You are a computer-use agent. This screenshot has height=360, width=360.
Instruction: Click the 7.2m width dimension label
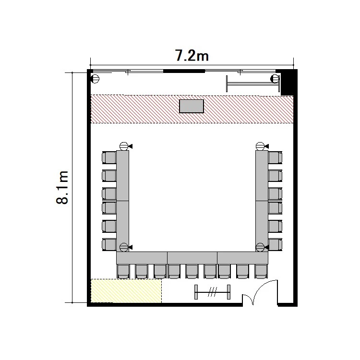[x=192, y=56]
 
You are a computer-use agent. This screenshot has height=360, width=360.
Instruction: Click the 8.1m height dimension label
[x=62, y=187]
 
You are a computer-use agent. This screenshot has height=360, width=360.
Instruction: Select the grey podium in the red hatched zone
[x=192, y=106]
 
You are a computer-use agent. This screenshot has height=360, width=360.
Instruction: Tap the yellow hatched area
[x=126, y=291]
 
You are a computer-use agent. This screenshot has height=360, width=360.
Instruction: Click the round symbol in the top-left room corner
[x=95, y=79]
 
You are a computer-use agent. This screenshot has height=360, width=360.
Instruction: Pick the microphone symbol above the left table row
[x=126, y=146]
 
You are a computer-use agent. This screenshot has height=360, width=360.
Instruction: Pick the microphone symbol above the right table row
[x=262, y=146]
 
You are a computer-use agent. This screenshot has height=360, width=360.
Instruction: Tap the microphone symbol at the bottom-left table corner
[x=126, y=247]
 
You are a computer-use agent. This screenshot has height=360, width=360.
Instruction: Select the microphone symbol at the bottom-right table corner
[x=262, y=247]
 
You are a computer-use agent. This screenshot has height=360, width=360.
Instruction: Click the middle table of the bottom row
[x=192, y=258]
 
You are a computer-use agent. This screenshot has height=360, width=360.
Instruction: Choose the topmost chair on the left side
[x=109, y=157]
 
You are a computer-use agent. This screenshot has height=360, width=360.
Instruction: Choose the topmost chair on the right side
[x=275, y=157]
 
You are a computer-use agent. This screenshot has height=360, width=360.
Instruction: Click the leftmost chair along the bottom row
[x=123, y=271]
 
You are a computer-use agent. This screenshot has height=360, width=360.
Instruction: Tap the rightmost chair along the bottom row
[x=261, y=271]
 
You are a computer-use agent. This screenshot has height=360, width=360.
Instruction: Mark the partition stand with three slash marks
[x=212, y=292]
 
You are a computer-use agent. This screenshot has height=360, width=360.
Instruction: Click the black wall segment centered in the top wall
[x=184, y=71]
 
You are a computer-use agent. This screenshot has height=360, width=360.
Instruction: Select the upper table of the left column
[x=122, y=176]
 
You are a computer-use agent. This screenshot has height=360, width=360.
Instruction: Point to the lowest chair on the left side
[x=109, y=244]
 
